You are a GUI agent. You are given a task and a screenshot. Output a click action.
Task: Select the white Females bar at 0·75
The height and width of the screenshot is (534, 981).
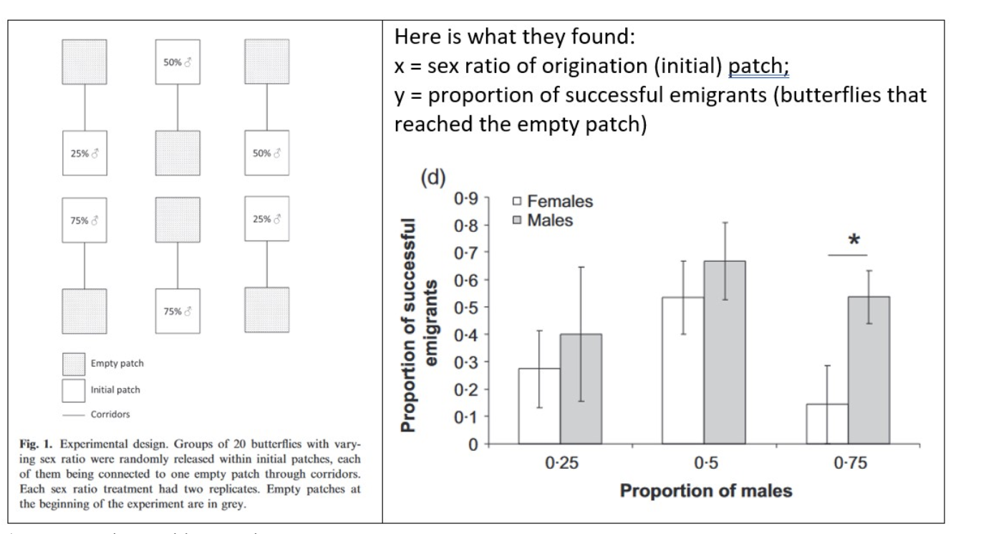click(x=827, y=424)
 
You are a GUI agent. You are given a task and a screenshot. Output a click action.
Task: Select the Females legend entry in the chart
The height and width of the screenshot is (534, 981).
click(x=553, y=202)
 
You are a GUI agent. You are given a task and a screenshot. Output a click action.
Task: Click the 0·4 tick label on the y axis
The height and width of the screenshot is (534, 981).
click(x=467, y=334)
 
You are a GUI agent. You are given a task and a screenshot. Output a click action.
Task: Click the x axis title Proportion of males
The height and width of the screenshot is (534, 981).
click(x=705, y=492)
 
